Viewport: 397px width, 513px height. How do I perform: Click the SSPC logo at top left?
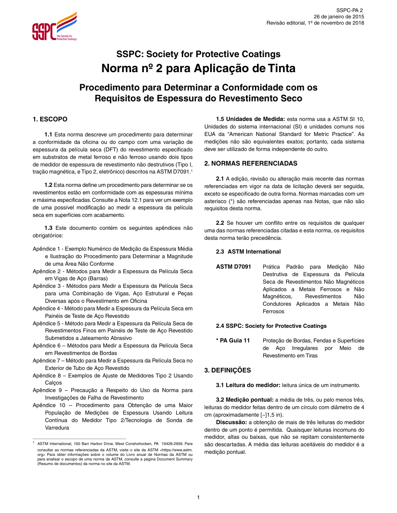[x=54, y=27]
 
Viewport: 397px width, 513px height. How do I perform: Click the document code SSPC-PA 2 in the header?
[x=350, y=10]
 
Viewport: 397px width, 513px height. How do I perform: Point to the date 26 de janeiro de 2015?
[x=338, y=17]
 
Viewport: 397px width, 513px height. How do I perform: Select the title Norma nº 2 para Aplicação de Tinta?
[x=198, y=68]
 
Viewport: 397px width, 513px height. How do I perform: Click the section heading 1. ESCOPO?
[x=50, y=119]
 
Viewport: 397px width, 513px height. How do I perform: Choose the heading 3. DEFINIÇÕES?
[x=227, y=370]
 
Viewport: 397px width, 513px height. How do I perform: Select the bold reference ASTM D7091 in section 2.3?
[x=233, y=267]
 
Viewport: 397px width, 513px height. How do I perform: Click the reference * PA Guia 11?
[x=233, y=341]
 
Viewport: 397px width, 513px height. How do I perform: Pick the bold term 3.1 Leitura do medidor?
[x=248, y=385]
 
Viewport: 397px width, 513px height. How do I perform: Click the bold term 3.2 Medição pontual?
[x=244, y=400]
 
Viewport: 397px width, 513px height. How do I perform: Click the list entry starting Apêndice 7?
[x=113, y=361]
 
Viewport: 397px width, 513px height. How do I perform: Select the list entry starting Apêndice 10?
[x=113, y=405]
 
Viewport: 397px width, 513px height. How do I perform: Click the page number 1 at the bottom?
[x=198, y=497]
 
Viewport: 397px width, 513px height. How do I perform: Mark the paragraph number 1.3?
[x=48, y=228]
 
